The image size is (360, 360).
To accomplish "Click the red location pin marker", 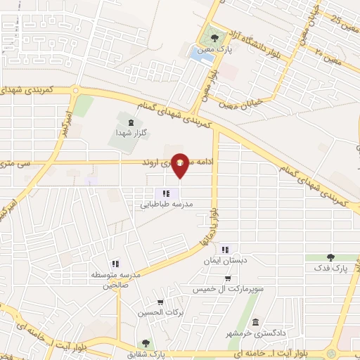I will pyautogui.click(x=181, y=164).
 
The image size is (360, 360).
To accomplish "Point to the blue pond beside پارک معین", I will pyautogui.click(x=202, y=54).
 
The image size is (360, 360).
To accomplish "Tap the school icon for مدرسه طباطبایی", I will pyautogui.click(x=165, y=193).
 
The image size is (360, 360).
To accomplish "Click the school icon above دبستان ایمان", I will pyautogui.click(x=225, y=250).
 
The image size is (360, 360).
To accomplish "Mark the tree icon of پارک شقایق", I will pyautogui.click(x=146, y=343).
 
